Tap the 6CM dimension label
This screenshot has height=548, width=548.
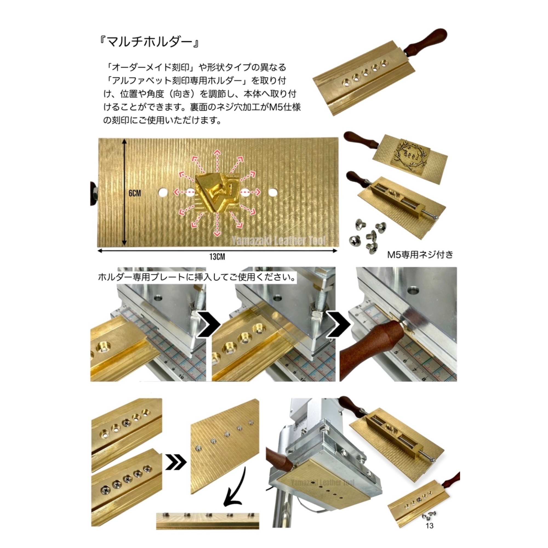pyautogui.click(x=135, y=193)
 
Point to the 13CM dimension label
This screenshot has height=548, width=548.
pyautogui.click(x=217, y=257)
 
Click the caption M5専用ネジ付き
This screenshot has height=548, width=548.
pyautogui.click(x=420, y=255)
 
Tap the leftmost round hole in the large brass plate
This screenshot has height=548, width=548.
pyautogui.click(x=163, y=193)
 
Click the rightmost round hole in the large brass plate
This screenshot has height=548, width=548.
pyautogui.click(x=273, y=193)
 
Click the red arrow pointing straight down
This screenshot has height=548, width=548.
pyautogui.click(x=218, y=224)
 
